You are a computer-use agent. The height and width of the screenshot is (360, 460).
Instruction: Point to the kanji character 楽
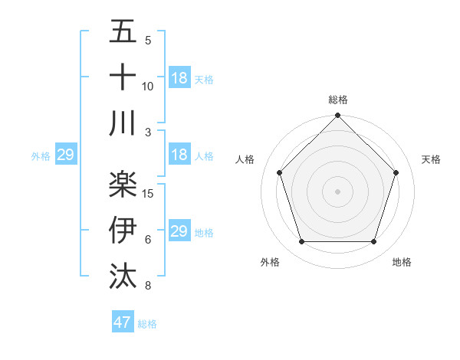pos(123,183)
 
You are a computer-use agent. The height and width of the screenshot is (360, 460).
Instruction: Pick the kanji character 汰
pos(123,275)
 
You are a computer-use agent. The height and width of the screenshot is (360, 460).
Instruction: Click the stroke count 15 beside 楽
pos(149,194)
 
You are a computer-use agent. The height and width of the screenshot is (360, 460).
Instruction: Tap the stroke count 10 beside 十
pos(148,87)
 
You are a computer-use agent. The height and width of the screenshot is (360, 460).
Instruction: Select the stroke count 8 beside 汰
pos(148,286)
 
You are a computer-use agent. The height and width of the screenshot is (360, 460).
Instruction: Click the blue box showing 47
pos(123,322)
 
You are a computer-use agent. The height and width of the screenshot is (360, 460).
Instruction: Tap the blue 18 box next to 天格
pos(179,78)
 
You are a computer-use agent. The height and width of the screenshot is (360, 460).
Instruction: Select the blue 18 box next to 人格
pos(179,155)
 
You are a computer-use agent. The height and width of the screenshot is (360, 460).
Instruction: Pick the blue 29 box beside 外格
pos(65,155)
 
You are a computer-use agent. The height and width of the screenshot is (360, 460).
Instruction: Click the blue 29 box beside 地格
pos(179,231)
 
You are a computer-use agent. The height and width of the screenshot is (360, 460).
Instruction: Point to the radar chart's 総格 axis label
pos(338,100)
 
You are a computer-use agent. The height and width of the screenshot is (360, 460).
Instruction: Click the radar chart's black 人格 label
pos(245,159)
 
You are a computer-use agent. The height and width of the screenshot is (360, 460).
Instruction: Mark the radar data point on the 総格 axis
pos(337,116)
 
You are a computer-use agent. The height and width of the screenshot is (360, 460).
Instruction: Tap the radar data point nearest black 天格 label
pos(396,172)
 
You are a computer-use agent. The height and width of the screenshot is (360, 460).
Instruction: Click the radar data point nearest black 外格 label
pos(301,242)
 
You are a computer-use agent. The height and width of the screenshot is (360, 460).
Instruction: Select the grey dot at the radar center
pos(337,191)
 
